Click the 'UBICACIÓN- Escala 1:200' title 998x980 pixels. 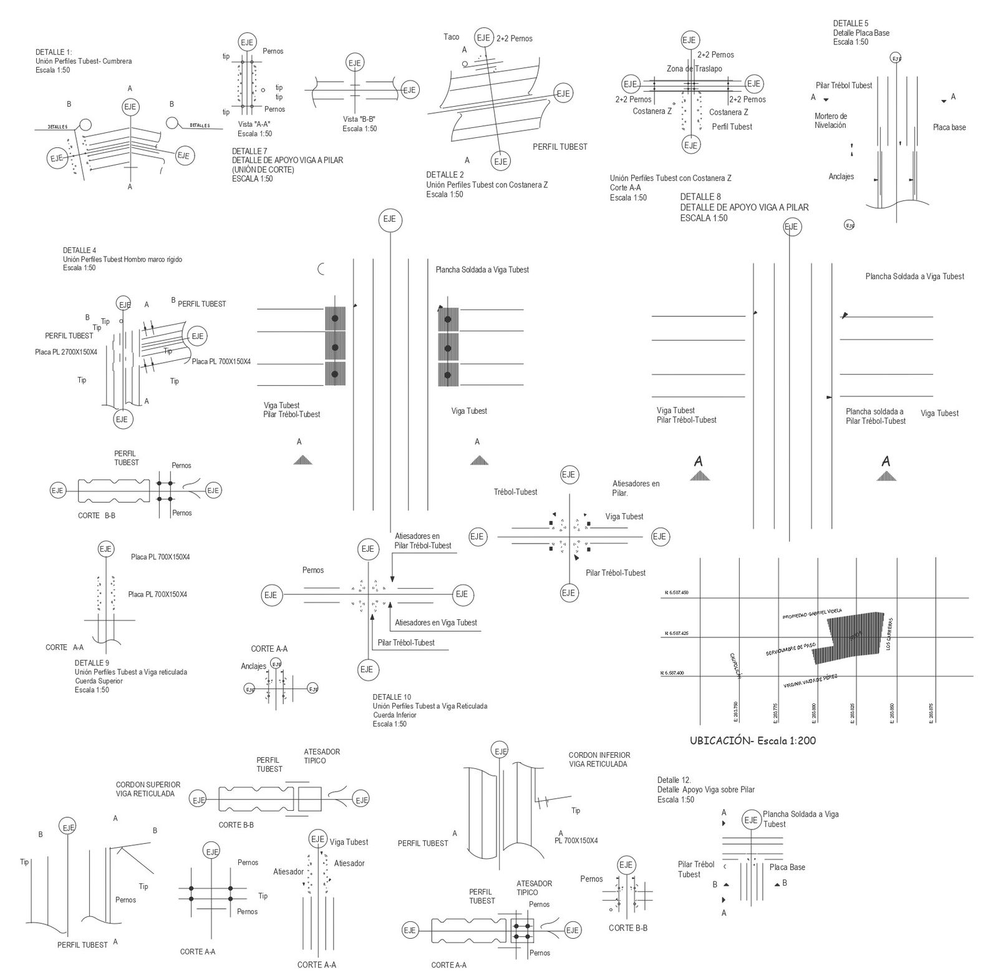click(x=752, y=741)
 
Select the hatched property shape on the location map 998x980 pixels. click(x=851, y=637)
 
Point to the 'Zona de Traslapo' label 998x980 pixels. click(x=694, y=69)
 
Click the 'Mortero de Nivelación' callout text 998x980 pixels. click(x=830, y=120)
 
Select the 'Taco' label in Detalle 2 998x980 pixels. click(x=451, y=37)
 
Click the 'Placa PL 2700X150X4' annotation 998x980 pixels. click(x=66, y=352)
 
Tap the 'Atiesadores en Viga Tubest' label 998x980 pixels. click(x=435, y=622)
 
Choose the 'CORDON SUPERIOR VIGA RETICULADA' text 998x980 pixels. click(x=148, y=789)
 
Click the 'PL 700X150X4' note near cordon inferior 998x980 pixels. click(x=576, y=841)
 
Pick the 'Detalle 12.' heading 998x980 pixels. click(x=674, y=780)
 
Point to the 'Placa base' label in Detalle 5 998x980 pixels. click(x=949, y=127)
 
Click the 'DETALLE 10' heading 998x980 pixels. click(x=392, y=697)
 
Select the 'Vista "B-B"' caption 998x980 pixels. click(x=359, y=119)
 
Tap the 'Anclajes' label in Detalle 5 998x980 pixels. click(x=841, y=177)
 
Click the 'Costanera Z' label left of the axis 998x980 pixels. click(x=652, y=112)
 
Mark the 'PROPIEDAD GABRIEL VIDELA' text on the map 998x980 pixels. click(x=812, y=614)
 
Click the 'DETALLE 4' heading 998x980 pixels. click(x=80, y=250)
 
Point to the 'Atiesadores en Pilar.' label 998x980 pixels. click(x=635, y=488)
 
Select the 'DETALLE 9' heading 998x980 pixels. click(x=92, y=663)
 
